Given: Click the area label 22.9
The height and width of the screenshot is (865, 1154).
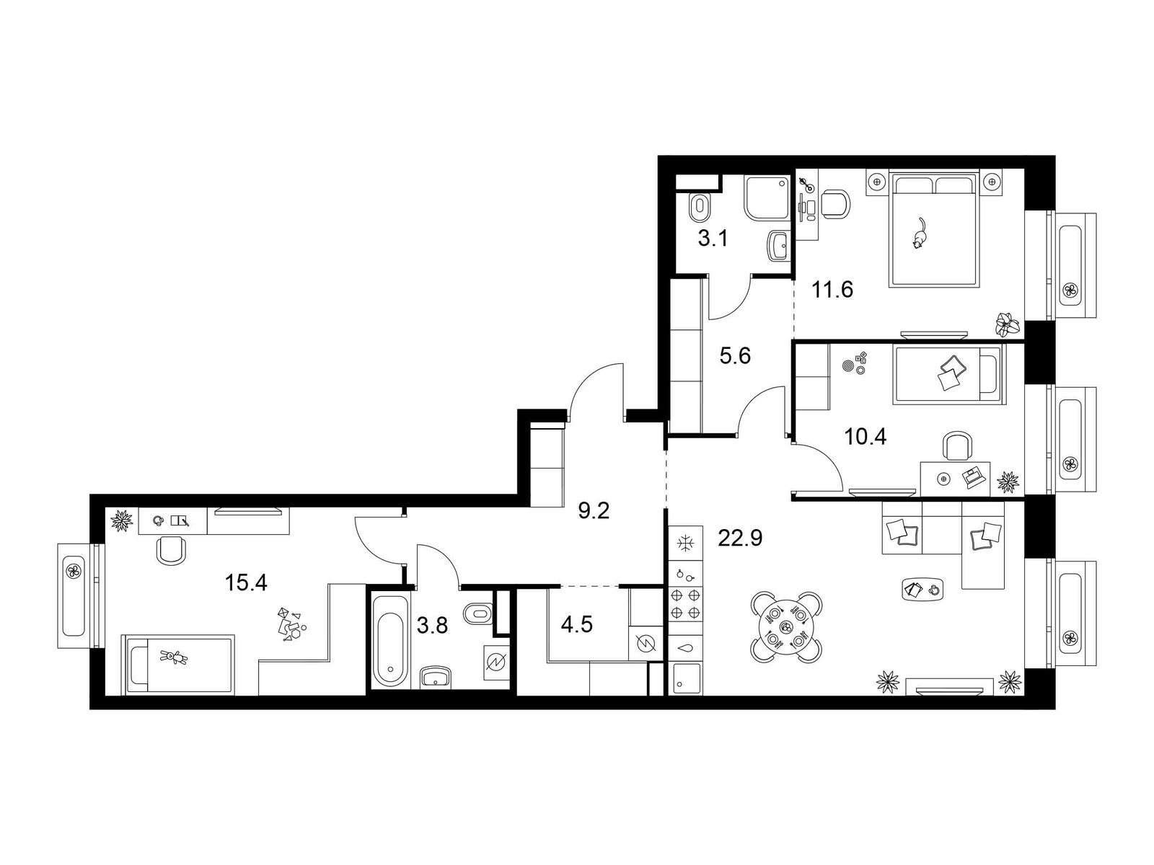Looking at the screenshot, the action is coord(740,538).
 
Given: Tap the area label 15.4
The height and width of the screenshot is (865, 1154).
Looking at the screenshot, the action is coord(246,582).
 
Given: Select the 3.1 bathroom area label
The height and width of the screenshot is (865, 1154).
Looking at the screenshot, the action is coord(713,239).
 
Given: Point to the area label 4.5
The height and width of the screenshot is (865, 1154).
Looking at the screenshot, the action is coord(577,625).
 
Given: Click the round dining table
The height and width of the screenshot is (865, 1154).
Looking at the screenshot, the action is coord(786,626).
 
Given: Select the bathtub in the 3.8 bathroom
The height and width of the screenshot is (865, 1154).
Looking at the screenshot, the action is coord(389,639).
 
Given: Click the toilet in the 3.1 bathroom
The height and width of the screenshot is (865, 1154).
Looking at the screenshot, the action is coord(699,209).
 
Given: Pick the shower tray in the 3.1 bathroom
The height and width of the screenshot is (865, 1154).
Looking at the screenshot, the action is coord(767,198).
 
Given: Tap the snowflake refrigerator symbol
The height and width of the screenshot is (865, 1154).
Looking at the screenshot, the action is coord(684,543).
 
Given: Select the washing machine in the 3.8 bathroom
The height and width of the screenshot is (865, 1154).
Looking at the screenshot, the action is coord(495,663).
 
